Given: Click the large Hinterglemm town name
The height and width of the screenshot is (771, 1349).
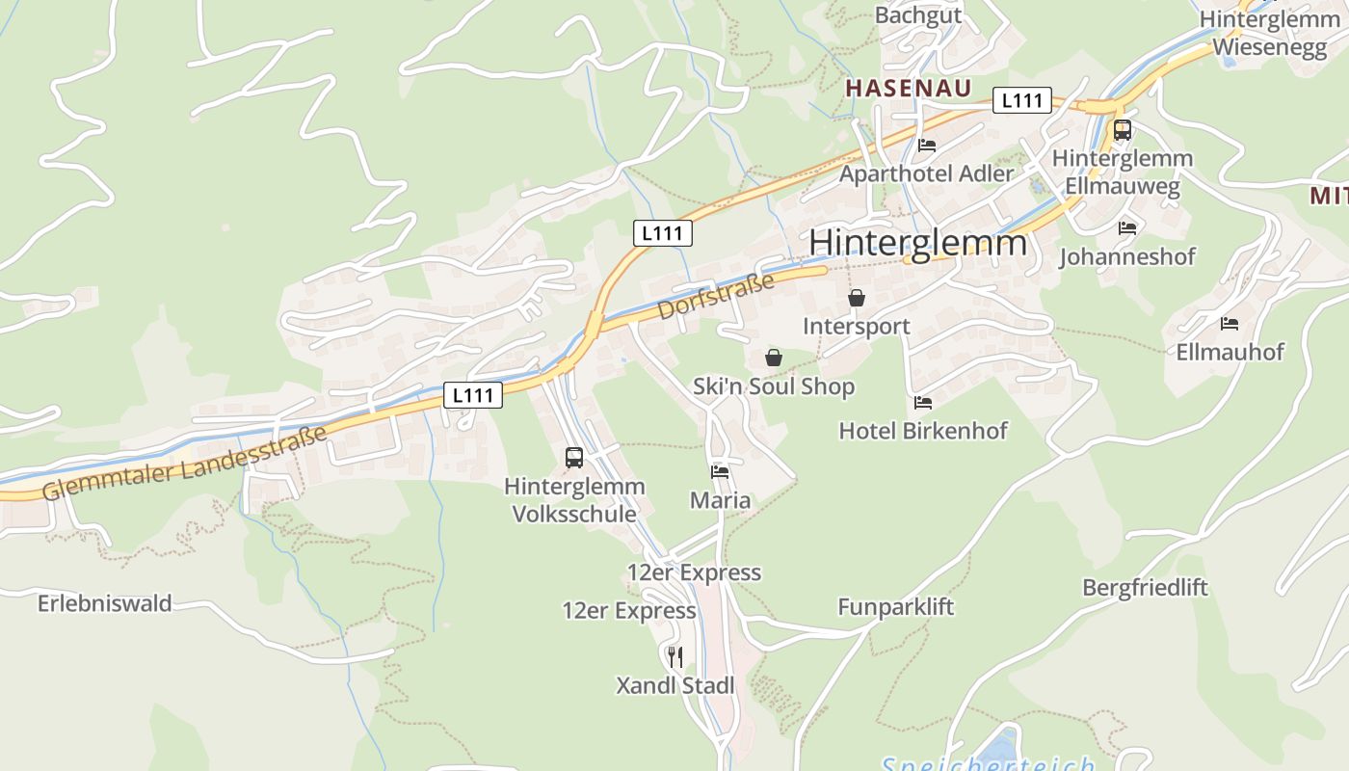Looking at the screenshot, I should pyautogui.click(x=917, y=242).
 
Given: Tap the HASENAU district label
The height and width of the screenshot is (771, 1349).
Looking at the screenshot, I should pyautogui.click(x=908, y=88).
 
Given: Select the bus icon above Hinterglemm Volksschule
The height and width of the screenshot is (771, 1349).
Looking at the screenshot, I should pyautogui.click(x=574, y=458).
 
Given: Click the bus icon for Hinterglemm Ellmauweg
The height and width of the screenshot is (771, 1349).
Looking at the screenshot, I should pyautogui.click(x=1122, y=130).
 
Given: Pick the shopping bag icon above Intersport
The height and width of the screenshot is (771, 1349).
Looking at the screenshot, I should pyautogui.click(x=856, y=298).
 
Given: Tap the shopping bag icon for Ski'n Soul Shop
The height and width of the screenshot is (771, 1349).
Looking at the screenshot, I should pyautogui.click(x=773, y=358).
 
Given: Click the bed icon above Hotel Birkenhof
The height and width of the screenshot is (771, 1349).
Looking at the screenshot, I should pyautogui.click(x=923, y=402).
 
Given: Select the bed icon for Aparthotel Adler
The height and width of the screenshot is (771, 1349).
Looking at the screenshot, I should pyautogui.click(x=927, y=146).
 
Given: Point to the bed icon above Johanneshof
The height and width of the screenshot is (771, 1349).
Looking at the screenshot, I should pyautogui.click(x=1126, y=228).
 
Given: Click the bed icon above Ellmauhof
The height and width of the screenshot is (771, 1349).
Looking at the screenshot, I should pyautogui.click(x=1229, y=323).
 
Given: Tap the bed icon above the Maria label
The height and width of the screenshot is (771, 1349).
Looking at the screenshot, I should pyautogui.click(x=720, y=471).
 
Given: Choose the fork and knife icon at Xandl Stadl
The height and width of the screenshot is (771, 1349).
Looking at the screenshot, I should pyautogui.click(x=675, y=657).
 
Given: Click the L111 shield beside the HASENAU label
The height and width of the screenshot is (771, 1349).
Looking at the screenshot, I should pyautogui.click(x=1021, y=100).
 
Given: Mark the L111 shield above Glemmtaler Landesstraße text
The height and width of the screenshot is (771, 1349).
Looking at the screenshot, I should pyautogui.click(x=473, y=394).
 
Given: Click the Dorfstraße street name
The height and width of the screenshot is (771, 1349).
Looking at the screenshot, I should pyautogui.click(x=716, y=296).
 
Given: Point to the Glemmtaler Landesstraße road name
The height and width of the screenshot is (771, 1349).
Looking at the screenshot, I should pyautogui.click(x=185, y=464).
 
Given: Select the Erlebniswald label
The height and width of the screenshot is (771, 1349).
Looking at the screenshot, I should pyautogui.click(x=105, y=603).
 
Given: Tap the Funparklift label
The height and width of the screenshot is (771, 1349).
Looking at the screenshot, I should pyautogui.click(x=895, y=606).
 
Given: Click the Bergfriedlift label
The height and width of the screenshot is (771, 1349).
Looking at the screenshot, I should pyautogui.click(x=1145, y=587).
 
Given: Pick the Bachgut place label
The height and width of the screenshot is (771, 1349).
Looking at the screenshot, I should pyautogui.click(x=918, y=14).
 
